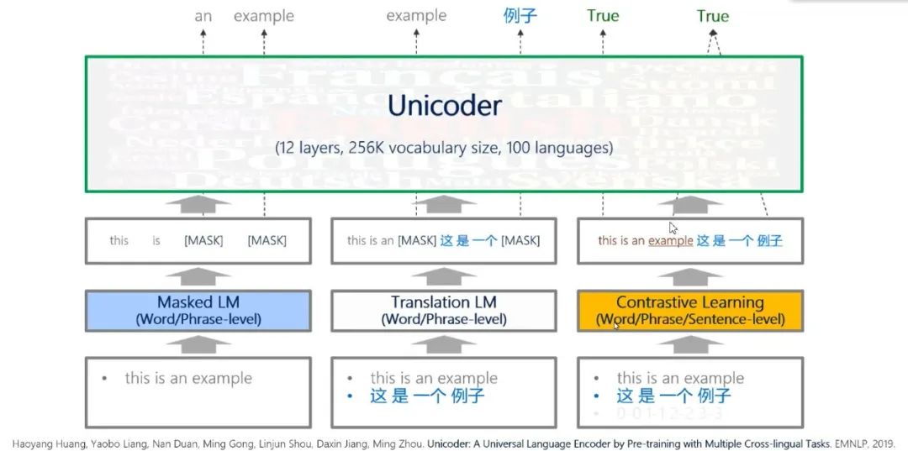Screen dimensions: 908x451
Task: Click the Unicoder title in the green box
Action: [444, 106]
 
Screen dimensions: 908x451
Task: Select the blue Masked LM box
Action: [198, 310]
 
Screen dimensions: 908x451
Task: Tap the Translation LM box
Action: [443, 310]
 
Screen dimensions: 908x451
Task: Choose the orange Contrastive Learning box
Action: [689, 310]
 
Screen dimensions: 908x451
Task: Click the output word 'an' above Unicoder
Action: [203, 16]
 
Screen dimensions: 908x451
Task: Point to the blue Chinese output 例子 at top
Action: [520, 16]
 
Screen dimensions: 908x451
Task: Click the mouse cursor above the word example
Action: [673, 228]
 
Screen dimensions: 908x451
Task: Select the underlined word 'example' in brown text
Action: [670, 241]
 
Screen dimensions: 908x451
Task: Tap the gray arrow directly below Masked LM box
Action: [198, 344]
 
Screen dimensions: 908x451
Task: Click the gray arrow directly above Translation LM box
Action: [443, 276]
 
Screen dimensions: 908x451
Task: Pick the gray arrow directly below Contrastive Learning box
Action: [689, 344]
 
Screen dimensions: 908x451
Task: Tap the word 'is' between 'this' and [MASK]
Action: [156, 241]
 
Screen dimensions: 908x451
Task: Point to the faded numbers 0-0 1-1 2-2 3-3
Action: [669, 414]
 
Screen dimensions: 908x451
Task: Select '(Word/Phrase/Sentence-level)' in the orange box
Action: [689, 319]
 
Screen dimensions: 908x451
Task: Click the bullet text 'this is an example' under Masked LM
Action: [188, 379]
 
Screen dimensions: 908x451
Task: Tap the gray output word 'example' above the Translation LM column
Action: [416, 16]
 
